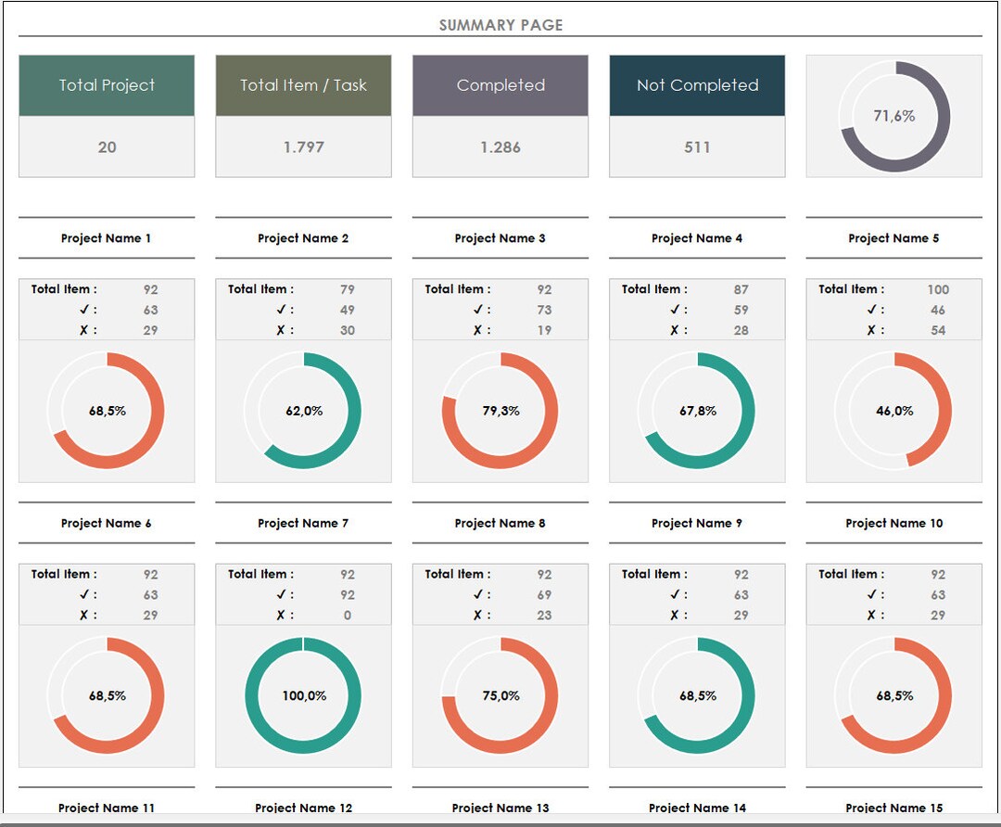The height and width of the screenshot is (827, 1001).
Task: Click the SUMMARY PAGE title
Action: pyautogui.click(x=500, y=25)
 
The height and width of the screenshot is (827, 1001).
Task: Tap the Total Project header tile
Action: pyautogui.click(x=107, y=85)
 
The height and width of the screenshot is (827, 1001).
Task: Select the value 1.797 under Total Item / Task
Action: pyautogui.click(x=303, y=146)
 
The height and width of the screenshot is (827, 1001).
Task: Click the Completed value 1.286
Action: pyautogui.click(x=500, y=146)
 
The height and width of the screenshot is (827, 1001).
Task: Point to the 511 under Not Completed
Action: pyautogui.click(x=697, y=146)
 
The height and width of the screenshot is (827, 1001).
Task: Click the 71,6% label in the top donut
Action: pyautogui.click(x=893, y=116)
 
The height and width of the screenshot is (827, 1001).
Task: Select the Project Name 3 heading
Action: pyautogui.click(x=500, y=238)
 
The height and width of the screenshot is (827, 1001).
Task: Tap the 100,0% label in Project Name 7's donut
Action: pyautogui.click(x=304, y=695)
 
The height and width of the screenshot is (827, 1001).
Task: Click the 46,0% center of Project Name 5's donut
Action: pyautogui.click(x=894, y=411)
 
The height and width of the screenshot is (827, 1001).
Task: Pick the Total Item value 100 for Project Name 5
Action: pyautogui.click(x=938, y=289)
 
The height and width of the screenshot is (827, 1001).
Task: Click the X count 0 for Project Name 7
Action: pyautogui.click(x=348, y=615)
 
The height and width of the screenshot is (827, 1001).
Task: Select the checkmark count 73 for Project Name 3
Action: pyautogui.click(x=544, y=310)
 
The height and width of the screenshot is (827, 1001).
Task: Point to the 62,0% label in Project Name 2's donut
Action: pyautogui.click(x=304, y=411)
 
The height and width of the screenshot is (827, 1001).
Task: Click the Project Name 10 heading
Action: pyautogui.click(x=893, y=523)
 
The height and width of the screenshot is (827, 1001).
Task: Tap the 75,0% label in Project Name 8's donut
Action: pyautogui.click(x=500, y=695)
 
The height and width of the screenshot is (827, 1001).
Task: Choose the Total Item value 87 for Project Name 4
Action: pyautogui.click(x=741, y=289)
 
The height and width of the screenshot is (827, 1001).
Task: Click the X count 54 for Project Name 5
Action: pyautogui.click(x=938, y=330)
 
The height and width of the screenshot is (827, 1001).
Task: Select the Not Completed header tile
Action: pyautogui.click(x=697, y=85)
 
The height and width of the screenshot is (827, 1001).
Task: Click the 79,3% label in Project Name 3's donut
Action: pyautogui.click(x=500, y=411)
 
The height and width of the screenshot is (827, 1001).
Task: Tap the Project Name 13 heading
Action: pyautogui.click(x=500, y=808)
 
